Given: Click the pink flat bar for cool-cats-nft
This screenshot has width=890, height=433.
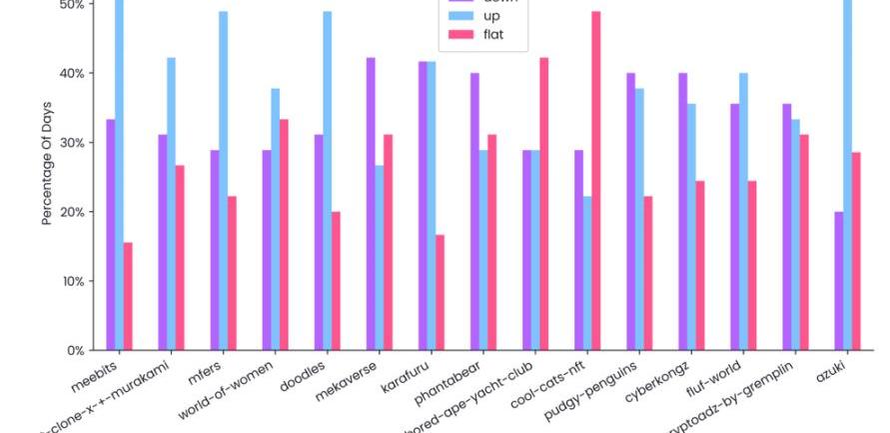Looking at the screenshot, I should pos(596,180).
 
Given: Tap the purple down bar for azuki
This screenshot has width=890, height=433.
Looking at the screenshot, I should pos(839,281).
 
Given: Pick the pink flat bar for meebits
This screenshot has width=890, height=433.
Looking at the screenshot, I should pos(128,296).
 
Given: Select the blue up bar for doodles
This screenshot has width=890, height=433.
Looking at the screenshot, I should pos(328,180).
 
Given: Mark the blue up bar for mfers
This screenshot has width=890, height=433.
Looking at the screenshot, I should pos(223,180).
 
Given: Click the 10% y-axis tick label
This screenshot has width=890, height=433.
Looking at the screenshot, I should pos(72,281).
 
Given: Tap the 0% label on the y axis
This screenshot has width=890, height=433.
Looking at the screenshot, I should pos(76,351).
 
